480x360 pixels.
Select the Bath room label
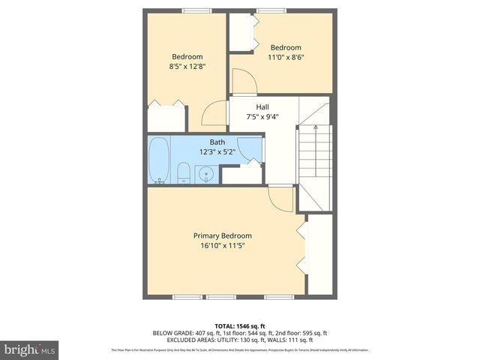click(217, 142)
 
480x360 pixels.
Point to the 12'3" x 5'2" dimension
click(217, 151)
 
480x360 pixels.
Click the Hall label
click(262, 106)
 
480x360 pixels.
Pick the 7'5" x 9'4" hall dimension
click(262, 116)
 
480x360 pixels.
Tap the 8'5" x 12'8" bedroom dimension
click(187, 66)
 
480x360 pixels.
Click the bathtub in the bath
click(158, 159)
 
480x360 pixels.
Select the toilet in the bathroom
click(184, 172)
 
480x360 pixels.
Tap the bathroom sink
click(206, 175)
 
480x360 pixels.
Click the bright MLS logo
click(29, 350)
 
